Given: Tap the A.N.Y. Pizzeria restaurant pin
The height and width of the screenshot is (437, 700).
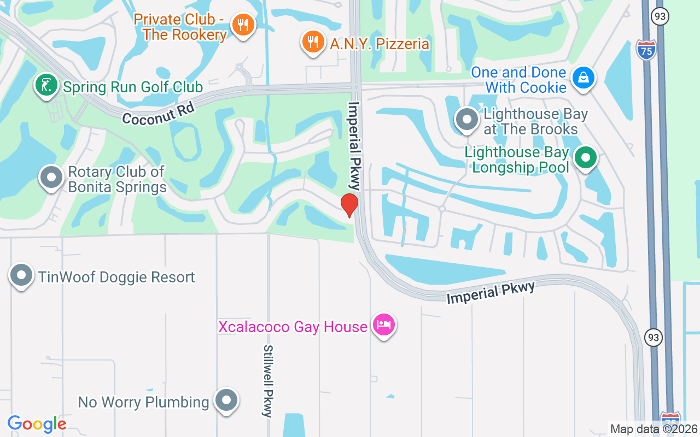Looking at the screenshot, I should (312, 41).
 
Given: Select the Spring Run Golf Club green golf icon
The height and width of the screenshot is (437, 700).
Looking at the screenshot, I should (46, 85).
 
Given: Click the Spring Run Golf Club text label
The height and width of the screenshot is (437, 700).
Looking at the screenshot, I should (133, 87).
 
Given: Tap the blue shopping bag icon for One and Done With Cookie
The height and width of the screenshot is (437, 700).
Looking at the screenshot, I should (584, 78).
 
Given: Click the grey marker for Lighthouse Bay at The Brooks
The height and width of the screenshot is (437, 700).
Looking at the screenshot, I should (467, 120).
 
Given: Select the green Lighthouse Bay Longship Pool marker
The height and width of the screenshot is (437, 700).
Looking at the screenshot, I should (586, 157).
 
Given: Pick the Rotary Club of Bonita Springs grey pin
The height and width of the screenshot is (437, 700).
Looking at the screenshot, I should (51, 177).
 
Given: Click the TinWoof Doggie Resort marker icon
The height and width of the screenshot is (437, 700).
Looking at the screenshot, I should (21, 275).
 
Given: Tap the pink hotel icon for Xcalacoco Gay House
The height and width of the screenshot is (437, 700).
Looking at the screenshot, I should (384, 324).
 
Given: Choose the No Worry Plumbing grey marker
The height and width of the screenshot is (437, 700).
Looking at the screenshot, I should (226, 400).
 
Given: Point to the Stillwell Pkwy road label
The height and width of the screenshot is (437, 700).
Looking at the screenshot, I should (267, 381).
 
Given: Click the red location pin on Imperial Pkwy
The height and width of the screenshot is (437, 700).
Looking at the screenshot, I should (349, 205).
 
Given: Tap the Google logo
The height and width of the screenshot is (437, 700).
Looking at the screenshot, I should (37, 423).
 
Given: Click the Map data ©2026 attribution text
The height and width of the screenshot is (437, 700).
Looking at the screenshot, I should (654, 429).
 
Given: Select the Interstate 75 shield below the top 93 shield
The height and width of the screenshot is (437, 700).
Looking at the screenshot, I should (646, 49).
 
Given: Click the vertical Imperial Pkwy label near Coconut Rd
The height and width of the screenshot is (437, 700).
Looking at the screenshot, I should (355, 146).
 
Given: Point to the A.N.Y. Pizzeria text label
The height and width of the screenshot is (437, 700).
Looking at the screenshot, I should (380, 44).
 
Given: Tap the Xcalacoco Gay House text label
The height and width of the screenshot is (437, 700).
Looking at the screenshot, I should (293, 327).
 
